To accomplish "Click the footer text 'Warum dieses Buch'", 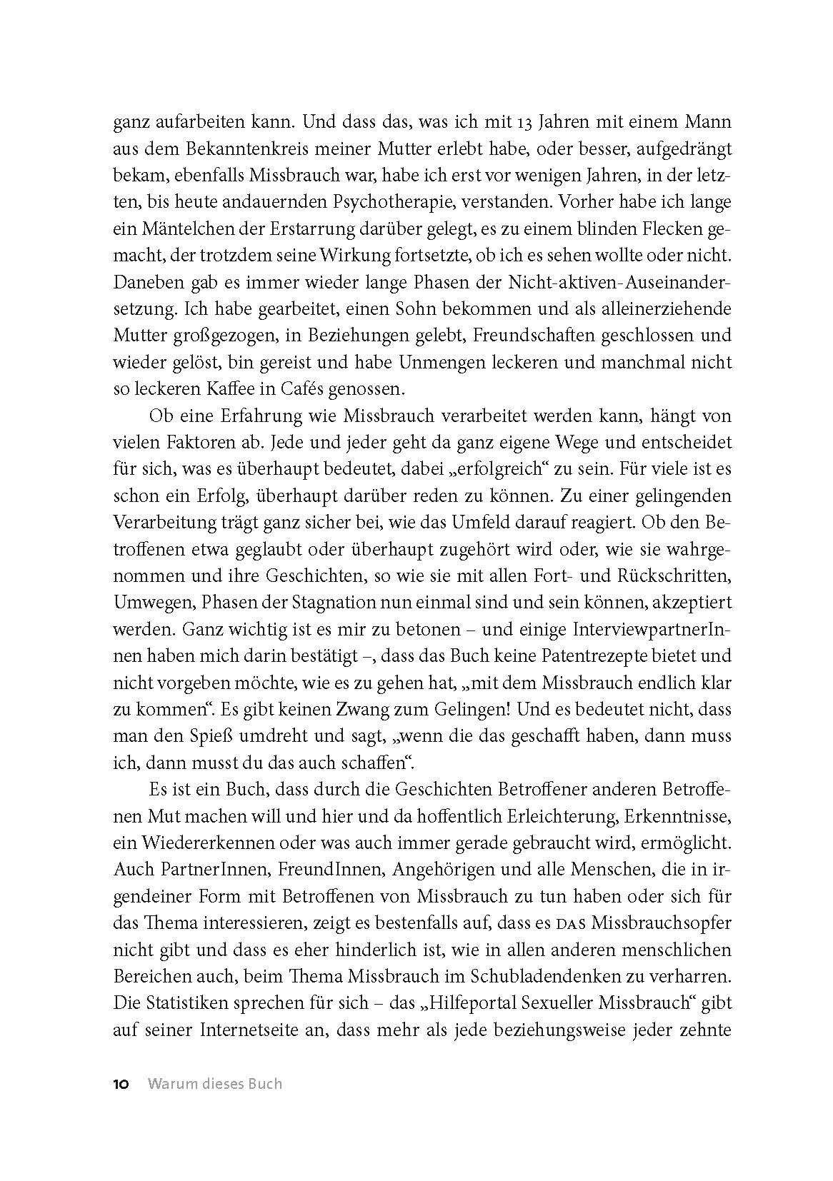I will pos(215,1084).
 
